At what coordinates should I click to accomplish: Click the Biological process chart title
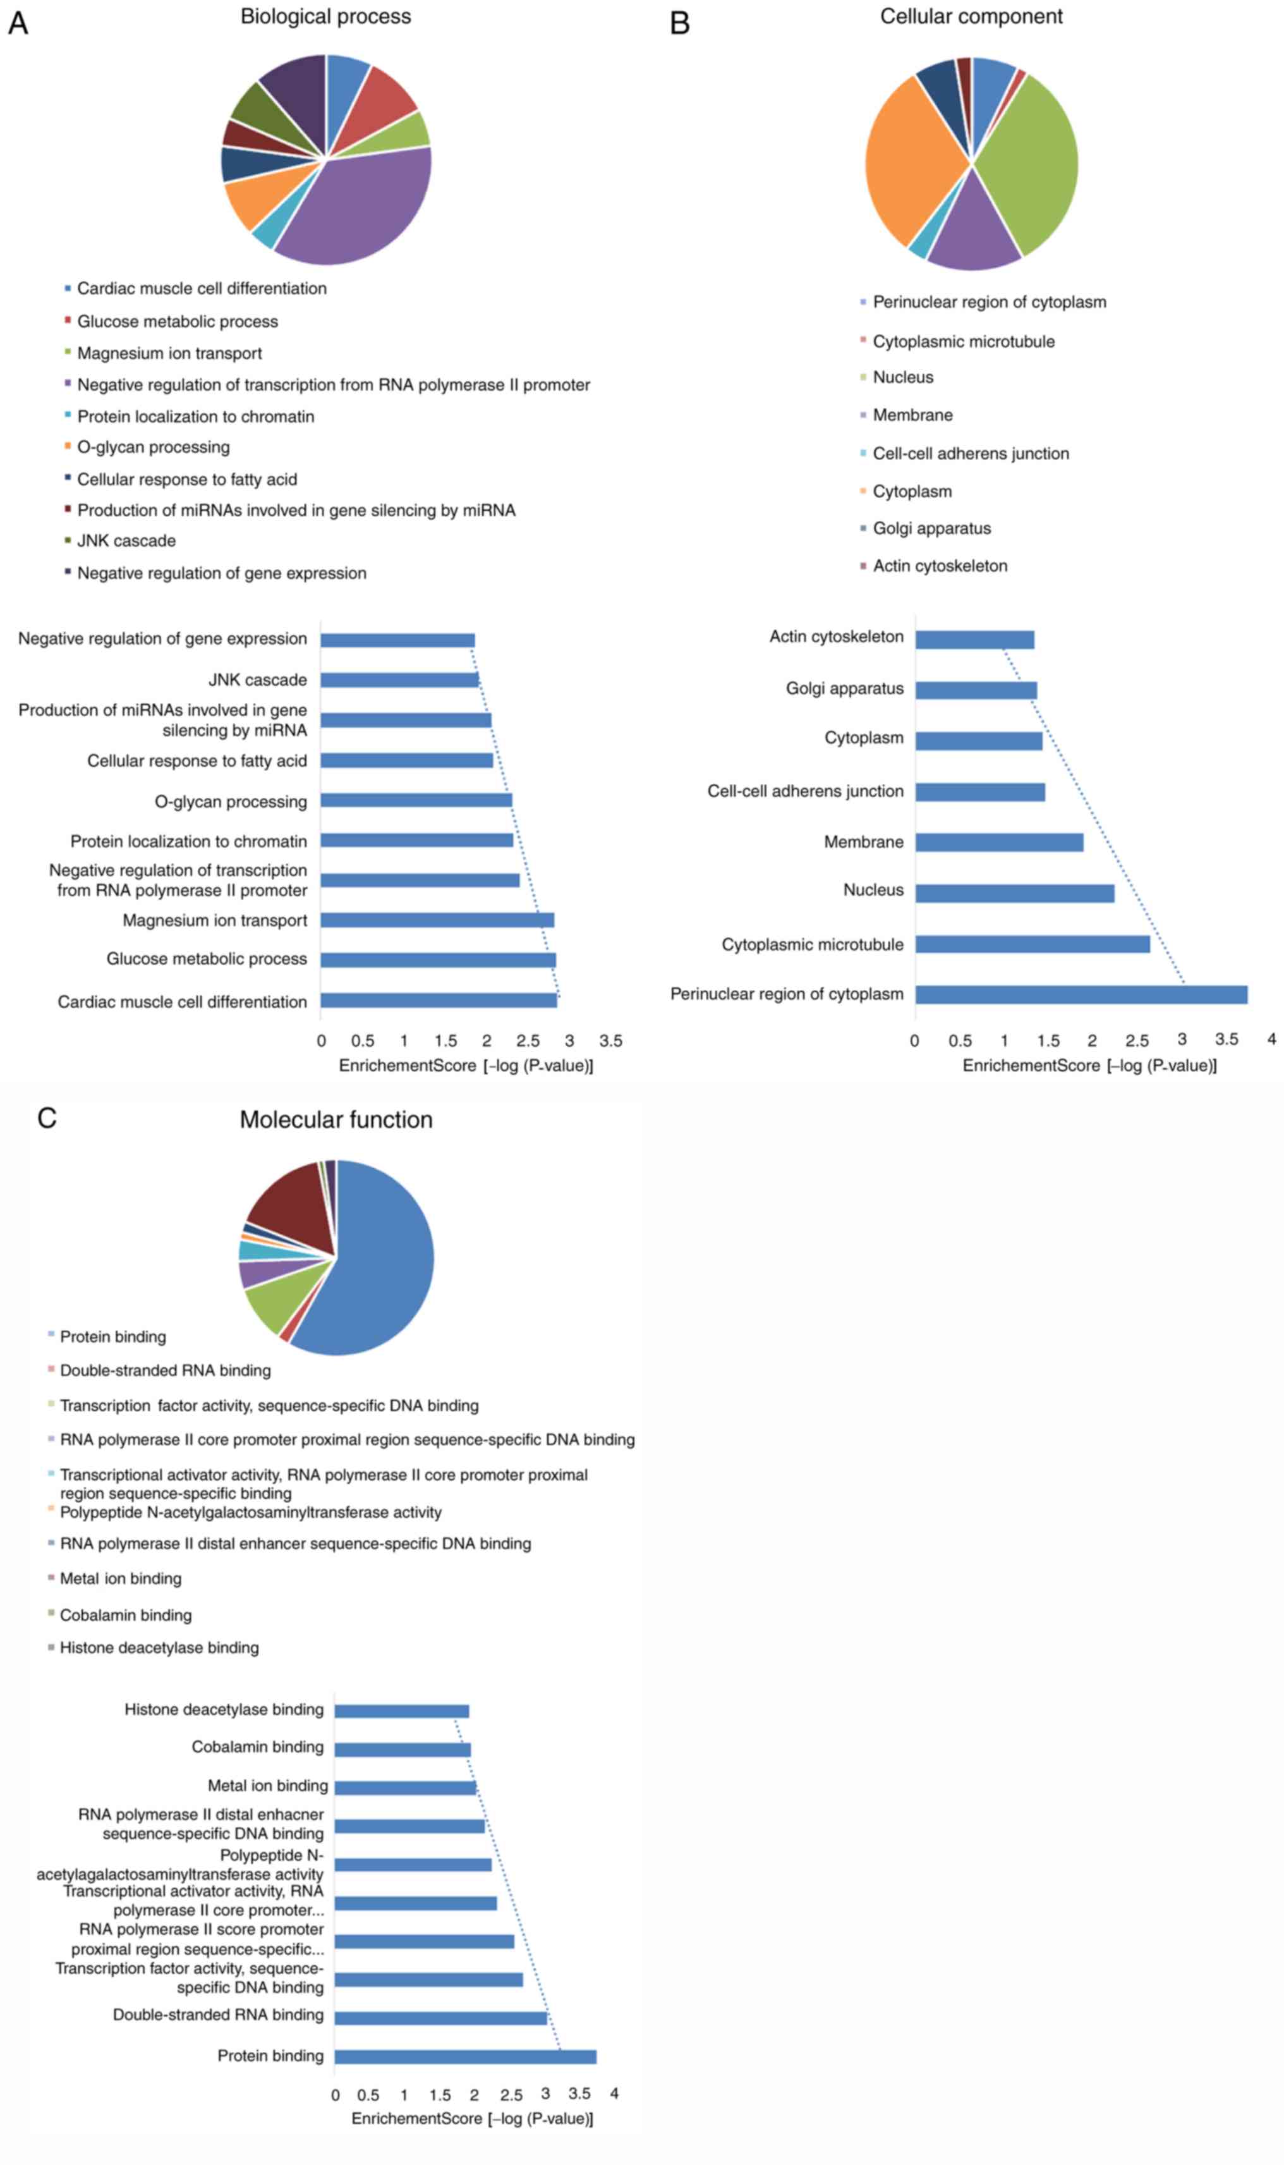coord(325,16)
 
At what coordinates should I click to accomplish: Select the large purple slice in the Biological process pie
coord(363,208)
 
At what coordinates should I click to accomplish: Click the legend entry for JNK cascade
coord(126,541)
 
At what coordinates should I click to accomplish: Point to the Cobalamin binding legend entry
coord(126,1614)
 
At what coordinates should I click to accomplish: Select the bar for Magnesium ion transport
coord(437,920)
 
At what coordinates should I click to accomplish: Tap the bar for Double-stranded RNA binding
coord(440,2018)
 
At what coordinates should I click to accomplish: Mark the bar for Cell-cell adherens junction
coord(979,792)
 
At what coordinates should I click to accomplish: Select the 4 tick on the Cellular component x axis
coord(1271,1039)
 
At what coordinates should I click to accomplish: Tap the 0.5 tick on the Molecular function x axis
coord(368,2095)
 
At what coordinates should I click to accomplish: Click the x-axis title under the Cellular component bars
coord(1089,1065)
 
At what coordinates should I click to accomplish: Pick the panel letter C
coord(47,1118)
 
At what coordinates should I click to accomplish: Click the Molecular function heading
coord(336,1119)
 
